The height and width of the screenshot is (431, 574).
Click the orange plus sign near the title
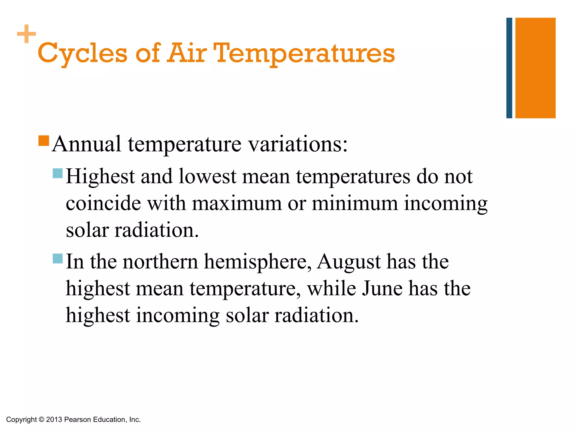point(26,34)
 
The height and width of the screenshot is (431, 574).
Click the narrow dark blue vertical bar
point(509,68)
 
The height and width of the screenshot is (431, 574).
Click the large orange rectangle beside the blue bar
point(535,68)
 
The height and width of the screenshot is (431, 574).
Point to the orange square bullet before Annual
point(44,141)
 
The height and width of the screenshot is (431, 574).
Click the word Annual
point(87,144)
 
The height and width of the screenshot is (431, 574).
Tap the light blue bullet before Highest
point(58,173)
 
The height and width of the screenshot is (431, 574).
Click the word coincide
point(103,203)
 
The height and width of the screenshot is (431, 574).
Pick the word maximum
point(237,203)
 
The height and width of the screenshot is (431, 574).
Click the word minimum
point(355,203)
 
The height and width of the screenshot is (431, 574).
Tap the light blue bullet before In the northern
point(58,258)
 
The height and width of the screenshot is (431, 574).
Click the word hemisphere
point(257,262)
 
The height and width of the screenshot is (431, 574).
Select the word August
point(348,262)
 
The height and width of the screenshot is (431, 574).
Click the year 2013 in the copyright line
point(54,420)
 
